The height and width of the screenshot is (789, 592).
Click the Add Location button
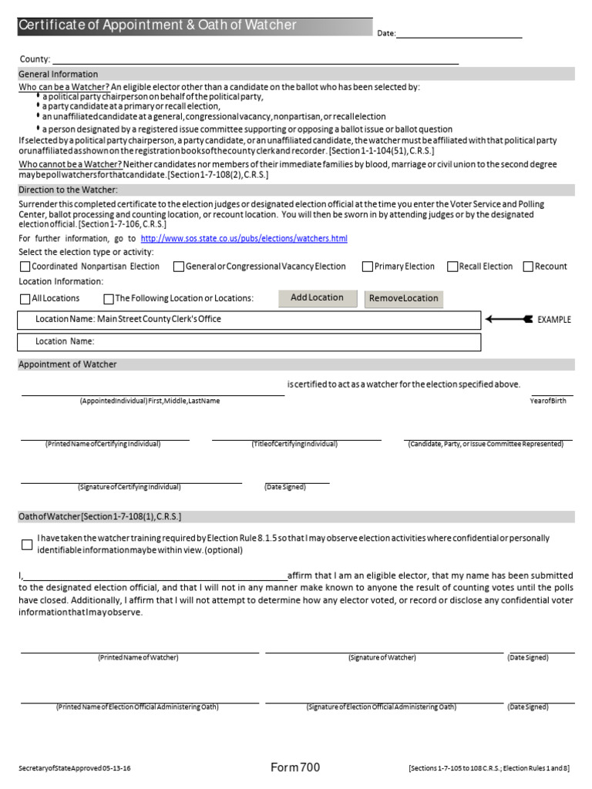317,298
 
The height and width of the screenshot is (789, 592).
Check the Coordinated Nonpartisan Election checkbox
25,267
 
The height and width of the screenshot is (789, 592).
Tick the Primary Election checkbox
368,267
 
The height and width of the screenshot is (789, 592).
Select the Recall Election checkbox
452,267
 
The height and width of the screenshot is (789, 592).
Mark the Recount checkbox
528,267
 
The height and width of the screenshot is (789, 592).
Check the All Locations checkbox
25,298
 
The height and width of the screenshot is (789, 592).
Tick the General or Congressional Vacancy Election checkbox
178,267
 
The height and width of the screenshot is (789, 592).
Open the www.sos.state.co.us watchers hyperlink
244,239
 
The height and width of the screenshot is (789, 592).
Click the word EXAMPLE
554,320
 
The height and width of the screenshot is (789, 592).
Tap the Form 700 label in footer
295,767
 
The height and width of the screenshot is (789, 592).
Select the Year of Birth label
547,401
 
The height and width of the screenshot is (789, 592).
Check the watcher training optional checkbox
27,544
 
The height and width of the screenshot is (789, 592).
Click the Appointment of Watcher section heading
68,364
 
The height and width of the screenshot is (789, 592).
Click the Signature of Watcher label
382,657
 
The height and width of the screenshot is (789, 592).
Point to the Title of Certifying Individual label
294,444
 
